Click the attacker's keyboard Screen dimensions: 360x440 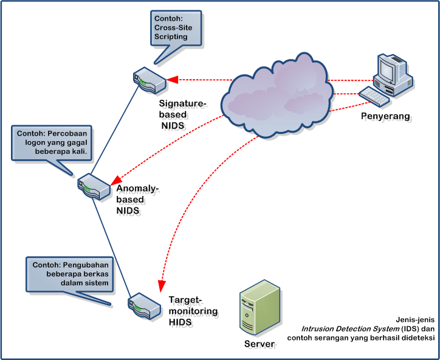374,96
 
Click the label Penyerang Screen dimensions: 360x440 385,116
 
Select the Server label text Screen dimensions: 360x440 260,345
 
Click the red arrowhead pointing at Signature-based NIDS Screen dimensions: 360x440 172,79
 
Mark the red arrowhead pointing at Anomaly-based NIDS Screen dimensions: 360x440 115,181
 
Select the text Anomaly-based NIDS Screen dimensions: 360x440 137,199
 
